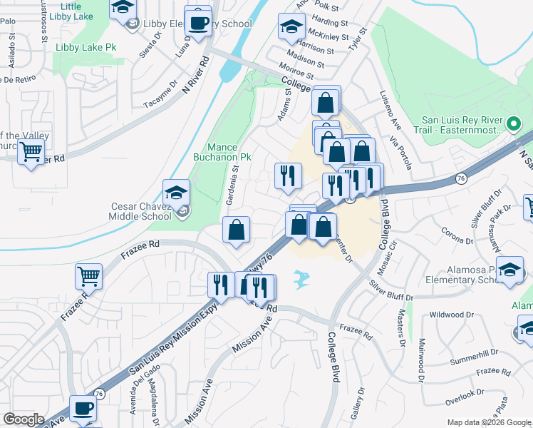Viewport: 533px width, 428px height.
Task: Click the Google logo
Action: [24, 419]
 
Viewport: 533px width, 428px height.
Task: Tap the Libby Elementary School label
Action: [197, 24]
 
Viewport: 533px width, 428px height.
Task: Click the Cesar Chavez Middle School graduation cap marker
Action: [177, 193]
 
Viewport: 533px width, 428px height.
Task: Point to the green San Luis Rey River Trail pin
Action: [512, 125]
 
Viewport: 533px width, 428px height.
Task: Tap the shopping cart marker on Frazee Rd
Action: [88, 276]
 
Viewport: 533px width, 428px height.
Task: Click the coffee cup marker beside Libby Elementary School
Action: [197, 21]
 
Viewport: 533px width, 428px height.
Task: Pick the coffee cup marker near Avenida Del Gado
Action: [83, 409]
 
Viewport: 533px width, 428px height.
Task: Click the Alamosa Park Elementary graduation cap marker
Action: [509, 271]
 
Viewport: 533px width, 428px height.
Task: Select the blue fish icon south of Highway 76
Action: [301, 277]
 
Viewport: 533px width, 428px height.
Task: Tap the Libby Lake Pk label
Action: [86, 47]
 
